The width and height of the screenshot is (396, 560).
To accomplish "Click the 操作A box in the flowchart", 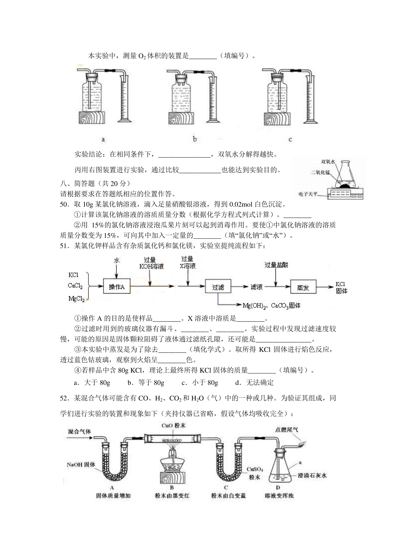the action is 116,286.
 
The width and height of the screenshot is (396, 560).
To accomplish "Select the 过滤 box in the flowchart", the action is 218,286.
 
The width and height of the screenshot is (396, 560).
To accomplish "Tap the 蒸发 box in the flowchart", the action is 303,287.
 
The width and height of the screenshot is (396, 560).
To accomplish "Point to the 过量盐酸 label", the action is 276,265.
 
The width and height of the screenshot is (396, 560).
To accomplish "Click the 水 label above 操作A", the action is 116,260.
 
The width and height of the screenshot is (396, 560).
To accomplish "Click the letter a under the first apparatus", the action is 103,139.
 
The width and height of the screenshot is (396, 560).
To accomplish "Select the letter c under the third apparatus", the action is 290,139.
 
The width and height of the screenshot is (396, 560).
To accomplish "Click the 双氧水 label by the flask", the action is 328,162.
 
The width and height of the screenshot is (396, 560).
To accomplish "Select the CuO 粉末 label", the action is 174,425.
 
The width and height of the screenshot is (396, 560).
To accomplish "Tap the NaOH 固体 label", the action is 81,464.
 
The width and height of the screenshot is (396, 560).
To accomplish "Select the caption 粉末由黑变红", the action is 172,495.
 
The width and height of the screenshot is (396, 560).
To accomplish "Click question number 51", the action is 65,246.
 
